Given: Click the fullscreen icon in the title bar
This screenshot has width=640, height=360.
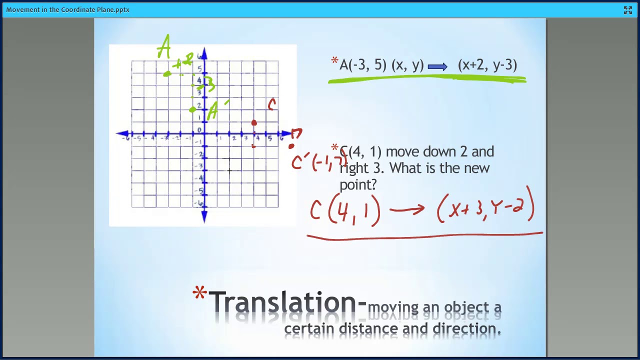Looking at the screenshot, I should pos(628,10).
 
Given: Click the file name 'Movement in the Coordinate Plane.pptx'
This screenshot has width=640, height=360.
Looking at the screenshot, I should pos(68,9).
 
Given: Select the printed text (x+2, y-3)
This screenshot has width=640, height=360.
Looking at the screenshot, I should pos(487,65).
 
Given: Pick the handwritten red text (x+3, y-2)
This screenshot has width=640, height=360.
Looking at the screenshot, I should pos(485,206).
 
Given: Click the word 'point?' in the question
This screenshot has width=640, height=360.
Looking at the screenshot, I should pos(358,184).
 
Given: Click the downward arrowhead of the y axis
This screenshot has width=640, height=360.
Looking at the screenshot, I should pos(204,216).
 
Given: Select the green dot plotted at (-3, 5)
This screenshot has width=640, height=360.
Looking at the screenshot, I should pos(167,74).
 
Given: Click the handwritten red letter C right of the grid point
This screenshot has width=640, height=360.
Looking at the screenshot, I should pos(272,104).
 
